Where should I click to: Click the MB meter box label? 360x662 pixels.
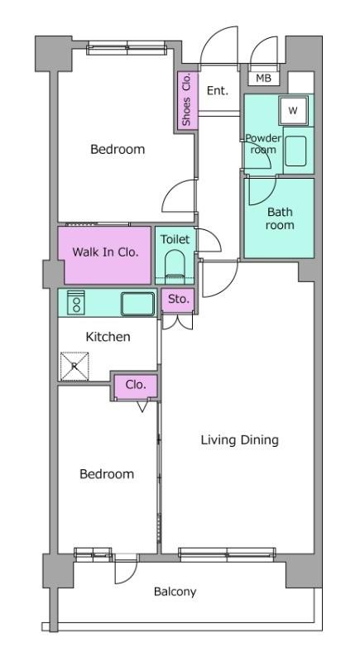tap(264, 78)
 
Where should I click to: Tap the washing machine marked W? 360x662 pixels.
tap(293, 111)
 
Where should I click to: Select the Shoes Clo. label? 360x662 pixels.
tap(186, 99)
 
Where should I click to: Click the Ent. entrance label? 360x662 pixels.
tap(218, 90)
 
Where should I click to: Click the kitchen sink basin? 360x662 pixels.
tap(137, 304)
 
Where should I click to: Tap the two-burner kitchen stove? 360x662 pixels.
tap(76, 303)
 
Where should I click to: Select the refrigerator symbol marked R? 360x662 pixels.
tap(74, 367)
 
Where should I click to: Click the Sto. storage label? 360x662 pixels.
tap(178, 300)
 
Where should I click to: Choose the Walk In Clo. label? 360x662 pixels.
tap(105, 252)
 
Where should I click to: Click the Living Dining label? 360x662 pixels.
tap(239, 440)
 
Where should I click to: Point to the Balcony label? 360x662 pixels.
tap(175, 592)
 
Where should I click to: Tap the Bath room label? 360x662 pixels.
tap(280, 218)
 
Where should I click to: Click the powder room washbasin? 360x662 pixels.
tap(295, 151)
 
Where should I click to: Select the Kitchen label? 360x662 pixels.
tap(108, 337)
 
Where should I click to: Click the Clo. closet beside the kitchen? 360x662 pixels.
tap(136, 386)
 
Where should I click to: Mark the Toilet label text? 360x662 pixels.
tap(175, 239)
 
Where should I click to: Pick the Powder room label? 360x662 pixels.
tap(263, 144)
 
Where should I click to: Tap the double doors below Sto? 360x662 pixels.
tap(178, 322)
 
